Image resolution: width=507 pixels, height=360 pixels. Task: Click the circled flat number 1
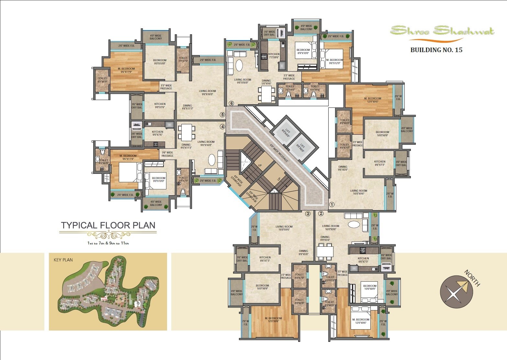(332, 205)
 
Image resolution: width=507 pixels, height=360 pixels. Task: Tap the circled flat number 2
(321, 213)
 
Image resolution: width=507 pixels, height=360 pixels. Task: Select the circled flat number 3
(308, 213)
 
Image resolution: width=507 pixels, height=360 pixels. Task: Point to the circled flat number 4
(222, 127)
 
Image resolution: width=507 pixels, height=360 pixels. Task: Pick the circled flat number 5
(222, 115)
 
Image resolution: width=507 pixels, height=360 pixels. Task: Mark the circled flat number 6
(231, 104)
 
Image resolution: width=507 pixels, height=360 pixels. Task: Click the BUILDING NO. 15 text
(436, 50)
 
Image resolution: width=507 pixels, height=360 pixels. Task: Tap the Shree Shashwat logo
(442, 31)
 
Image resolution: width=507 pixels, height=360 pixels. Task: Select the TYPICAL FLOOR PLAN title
(108, 225)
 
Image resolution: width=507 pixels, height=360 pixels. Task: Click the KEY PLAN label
(63, 260)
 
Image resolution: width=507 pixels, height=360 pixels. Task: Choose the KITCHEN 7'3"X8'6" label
(274, 56)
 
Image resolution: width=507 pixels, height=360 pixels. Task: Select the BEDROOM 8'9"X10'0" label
(303, 51)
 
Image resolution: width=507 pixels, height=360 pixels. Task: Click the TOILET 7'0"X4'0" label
(290, 88)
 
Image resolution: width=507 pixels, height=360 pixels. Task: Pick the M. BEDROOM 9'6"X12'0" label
(335, 62)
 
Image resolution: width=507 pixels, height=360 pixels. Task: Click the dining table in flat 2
(325, 251)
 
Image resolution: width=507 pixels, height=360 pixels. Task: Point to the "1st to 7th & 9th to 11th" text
(108, 243)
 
